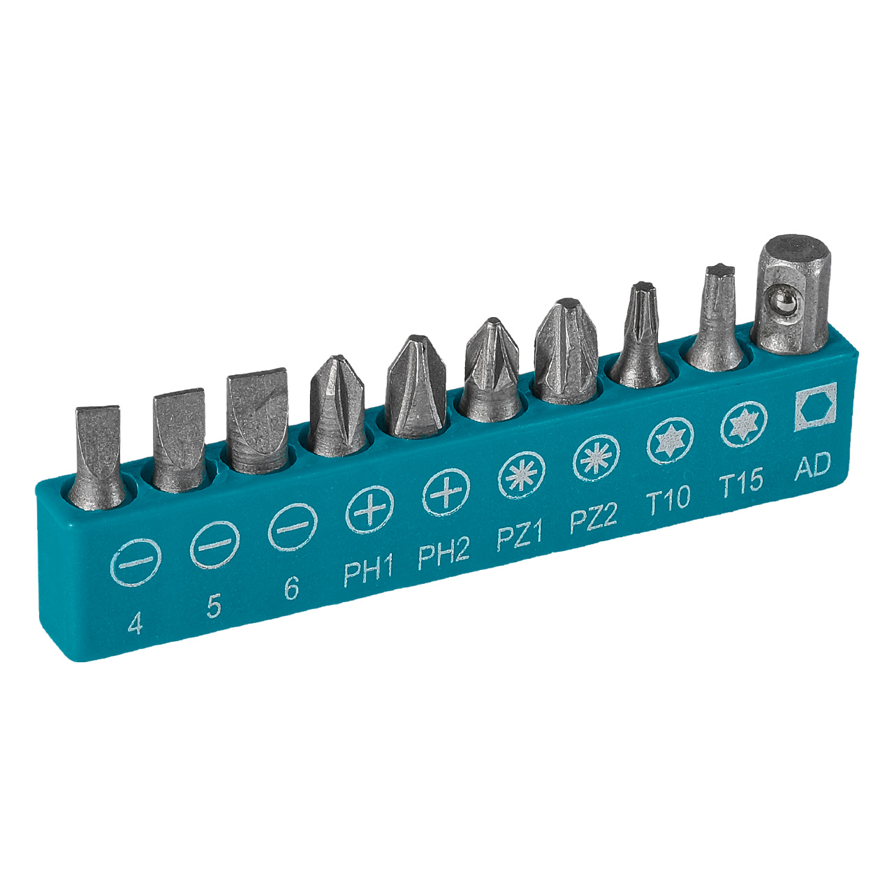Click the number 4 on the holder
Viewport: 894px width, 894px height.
(x=135, y=623)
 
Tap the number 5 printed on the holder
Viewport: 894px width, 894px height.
(x=214, y=606)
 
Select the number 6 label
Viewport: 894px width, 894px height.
(x=291, y=588)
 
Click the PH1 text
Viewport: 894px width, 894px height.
(x=368, y=571)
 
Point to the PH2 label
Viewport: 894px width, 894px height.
(x=444, y=553)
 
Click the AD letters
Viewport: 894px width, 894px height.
(x=812, y=466)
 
